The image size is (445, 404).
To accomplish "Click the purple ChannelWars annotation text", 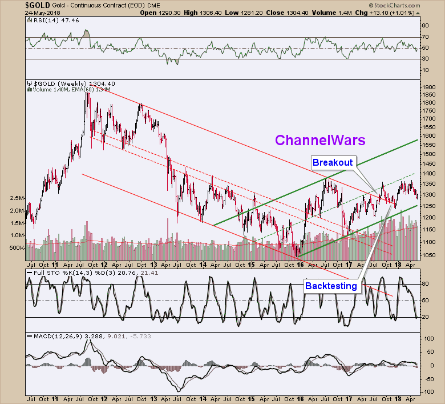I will (320, 139).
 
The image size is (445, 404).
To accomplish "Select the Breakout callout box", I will (332, 162).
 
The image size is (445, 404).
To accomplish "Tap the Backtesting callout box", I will (331, 285).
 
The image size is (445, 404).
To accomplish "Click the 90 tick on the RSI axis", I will (424, 26).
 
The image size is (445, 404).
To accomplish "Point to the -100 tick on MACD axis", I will (427, 390).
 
